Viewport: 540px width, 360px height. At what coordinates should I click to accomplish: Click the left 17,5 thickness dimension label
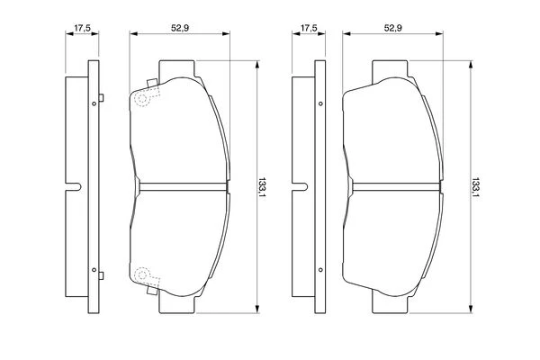point(82,28)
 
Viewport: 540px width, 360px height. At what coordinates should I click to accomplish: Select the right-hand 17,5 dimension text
point(309,28)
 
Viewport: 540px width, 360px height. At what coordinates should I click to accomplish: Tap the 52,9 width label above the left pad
point(180,28)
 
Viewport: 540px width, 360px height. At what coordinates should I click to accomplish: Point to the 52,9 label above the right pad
point(393,28)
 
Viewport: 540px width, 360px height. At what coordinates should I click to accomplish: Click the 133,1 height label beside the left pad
point(263,187)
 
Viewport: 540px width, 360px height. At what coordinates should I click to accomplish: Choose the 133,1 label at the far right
point(475,187)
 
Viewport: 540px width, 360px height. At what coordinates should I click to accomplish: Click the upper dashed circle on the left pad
point(142,98)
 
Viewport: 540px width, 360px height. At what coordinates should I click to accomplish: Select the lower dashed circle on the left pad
point(142,274)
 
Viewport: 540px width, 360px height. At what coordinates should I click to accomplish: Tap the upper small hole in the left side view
point(94,103)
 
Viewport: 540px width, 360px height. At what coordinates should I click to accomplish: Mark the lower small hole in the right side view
point(320,270)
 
